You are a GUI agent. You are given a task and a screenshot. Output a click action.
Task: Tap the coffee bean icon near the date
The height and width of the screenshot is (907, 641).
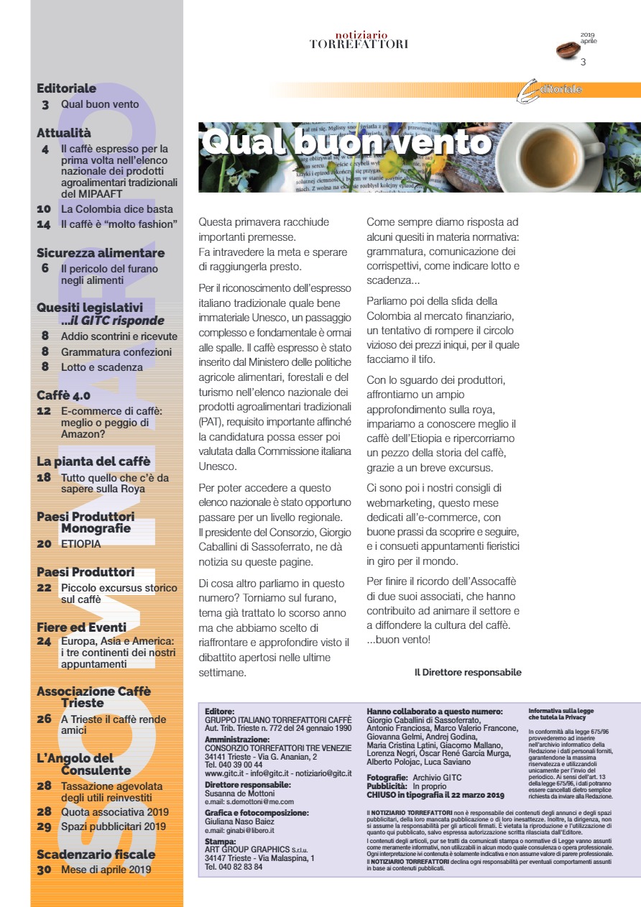[x=571, y=50]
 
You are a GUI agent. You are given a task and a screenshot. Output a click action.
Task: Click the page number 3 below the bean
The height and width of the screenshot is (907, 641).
[x=583, y=63]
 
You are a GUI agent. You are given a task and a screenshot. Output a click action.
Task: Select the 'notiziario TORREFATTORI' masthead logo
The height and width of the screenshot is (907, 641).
[x=359, y=40]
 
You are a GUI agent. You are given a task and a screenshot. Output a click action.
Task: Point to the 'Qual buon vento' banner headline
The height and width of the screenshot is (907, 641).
[x=345, y=142]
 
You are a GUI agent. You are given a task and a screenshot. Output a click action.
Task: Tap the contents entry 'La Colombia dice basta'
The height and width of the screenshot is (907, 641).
[x=117, y=209]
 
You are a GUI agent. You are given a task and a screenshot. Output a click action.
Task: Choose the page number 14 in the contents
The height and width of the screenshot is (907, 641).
[x=44, y=224]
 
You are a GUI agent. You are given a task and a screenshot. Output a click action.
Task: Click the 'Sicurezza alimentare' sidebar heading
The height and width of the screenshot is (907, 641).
[x=101, y=253]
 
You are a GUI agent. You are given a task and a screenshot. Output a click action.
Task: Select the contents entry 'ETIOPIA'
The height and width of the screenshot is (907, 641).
[x=81, y=544]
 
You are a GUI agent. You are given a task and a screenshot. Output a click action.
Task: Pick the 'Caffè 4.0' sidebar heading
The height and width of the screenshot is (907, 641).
[x=64, y=395]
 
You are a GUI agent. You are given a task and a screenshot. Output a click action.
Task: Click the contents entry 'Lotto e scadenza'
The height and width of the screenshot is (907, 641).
[x=102, y=367]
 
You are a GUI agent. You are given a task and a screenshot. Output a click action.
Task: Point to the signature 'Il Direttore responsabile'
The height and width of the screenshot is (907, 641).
[x=468, y=673]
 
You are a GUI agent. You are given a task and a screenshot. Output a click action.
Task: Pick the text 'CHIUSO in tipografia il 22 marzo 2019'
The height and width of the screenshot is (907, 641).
[x=435, y=795]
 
